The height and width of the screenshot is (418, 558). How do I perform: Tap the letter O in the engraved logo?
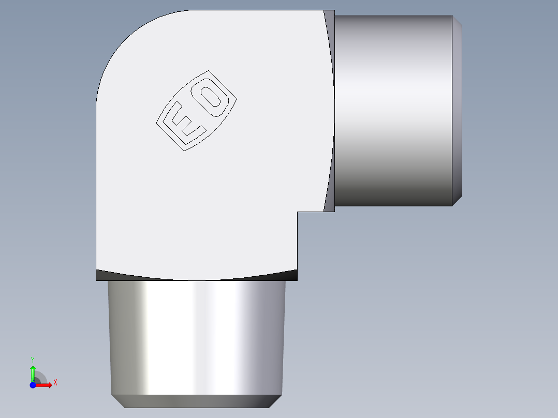[x=212, y=99]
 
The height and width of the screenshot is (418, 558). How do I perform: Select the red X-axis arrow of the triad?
[x=45, y=385]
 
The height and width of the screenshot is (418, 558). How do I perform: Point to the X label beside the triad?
[x=55, y=383]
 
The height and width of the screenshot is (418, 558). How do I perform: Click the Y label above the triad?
[x=33, y=359]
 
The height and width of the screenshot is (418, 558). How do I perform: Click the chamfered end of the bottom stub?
[x=197, y=401]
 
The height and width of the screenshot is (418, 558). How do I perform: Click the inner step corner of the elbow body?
[x=298, y=212]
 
